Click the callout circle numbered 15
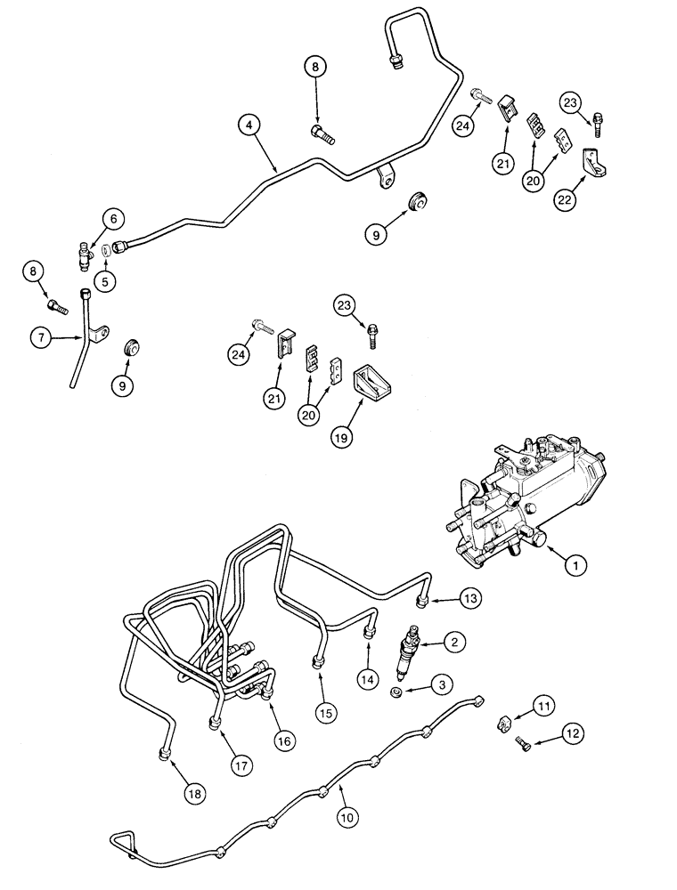pyautogui.click(x=324, y=711)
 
